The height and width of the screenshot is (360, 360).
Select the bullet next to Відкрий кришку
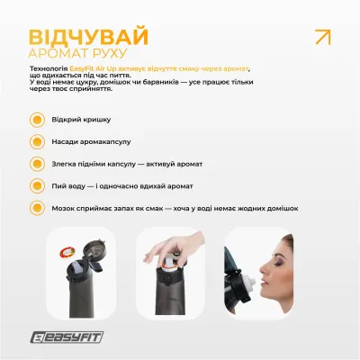(36, 119)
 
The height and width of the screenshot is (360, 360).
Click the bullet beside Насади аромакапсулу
(36, 141)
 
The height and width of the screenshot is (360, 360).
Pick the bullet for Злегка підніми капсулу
(36, 164)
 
